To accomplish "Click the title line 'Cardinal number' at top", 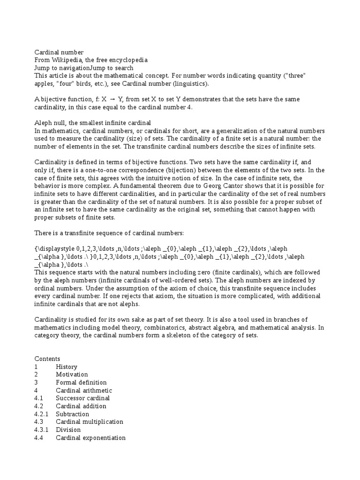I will tap(59, 52).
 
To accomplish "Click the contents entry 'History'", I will tap(67, 367).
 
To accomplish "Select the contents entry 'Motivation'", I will tap(72, 375).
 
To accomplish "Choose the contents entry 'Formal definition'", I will tap(81, 382).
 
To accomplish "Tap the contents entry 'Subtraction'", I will tap(72, 414).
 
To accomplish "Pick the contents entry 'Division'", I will tap(68, 430).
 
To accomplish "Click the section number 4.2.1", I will tap(42, 414).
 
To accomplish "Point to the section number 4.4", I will tap(39, 438).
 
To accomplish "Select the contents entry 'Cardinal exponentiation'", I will tap(90, 438).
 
